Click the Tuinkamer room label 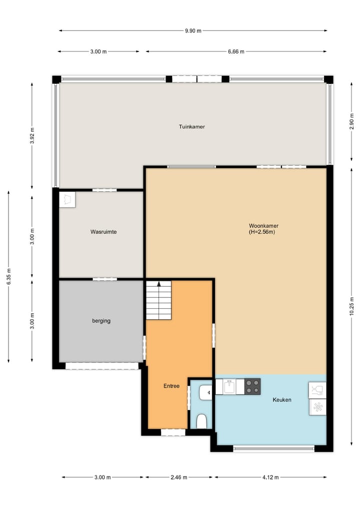click(x=192, y=127)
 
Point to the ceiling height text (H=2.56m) click(x=262, y=232)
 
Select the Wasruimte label click(x=103, y=232)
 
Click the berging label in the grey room click(x=101, y=321)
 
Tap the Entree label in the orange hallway click(x=171, y=386)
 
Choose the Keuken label click(x=282, y=400)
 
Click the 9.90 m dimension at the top click(x=193, y=30)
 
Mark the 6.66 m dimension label click(x=236, y=51)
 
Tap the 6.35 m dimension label click(x=8, y=276)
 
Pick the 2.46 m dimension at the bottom click(x=178, y=478)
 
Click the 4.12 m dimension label click(x=270, y=478)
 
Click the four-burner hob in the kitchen click(x=252, y=387)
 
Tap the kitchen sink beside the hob click(x=229, y=387)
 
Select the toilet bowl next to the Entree click(x=202, y=422)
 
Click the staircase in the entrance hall click(x=159, y=301)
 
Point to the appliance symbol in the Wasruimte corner click(x=67, y=199)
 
